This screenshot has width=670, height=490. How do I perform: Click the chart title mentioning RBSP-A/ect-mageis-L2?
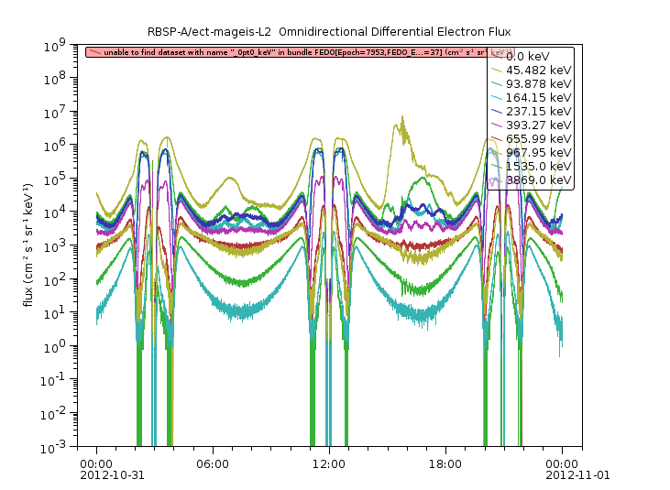[x=335, y=32]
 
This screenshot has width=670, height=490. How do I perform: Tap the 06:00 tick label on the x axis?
[x=213, y=464]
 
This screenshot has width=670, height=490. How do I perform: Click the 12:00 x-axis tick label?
[x=329, y=464]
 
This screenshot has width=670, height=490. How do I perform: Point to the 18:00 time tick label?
[x=445, y=464]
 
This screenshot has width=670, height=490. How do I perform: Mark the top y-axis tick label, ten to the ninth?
[x=74, y=44]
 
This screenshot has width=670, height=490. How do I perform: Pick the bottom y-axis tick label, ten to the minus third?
[x=74, y=447]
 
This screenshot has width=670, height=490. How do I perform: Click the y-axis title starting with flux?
[x=29, y=245]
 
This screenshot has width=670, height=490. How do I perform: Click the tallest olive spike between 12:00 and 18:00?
[x=401, y=119]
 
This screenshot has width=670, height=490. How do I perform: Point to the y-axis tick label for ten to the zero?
[x=74, y=346]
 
